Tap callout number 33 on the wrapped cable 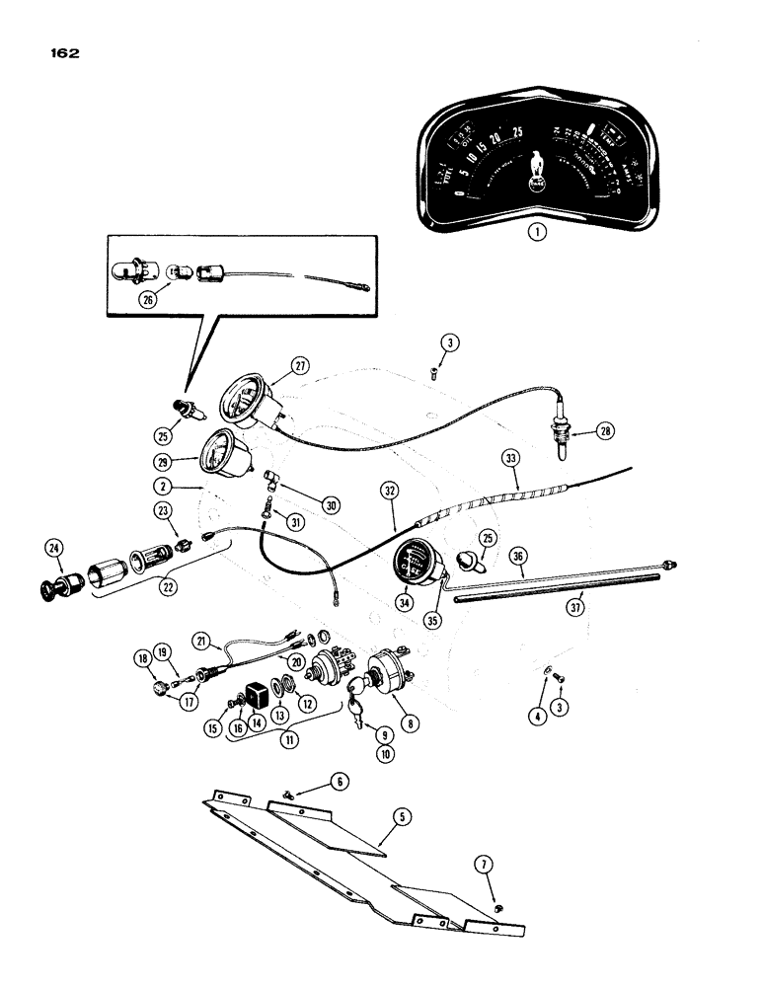509,458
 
